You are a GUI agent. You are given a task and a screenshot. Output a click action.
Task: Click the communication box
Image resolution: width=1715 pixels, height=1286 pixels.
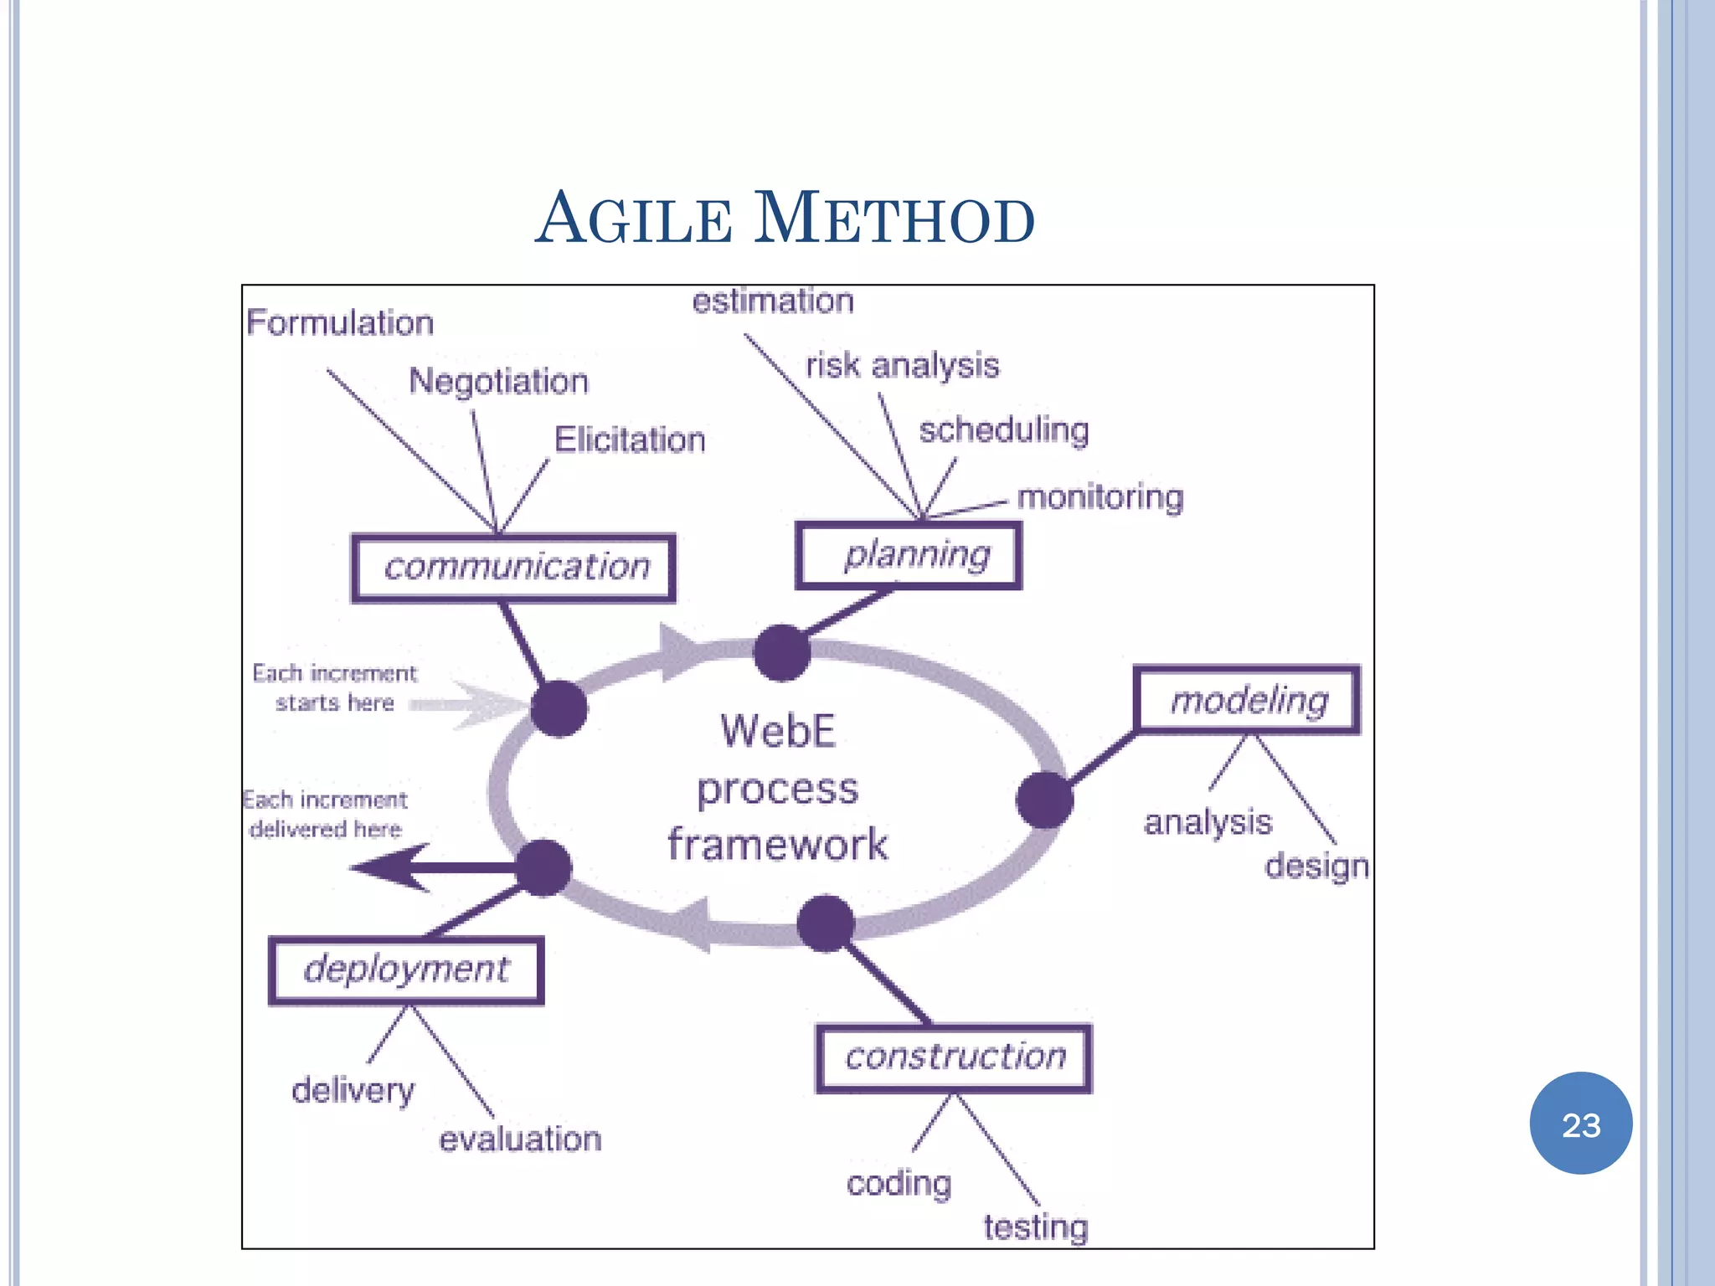pyautogui.click(x=513, y=568)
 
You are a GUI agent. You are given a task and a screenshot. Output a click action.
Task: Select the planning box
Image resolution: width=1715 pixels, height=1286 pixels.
pyautogui.click(x=909, y=555)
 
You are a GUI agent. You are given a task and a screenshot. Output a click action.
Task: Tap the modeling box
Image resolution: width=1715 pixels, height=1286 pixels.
pyautogui.click(x=1247, y=700)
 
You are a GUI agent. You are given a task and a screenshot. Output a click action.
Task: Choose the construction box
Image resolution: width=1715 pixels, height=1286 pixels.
pyautogui.click(x=954, y=1057)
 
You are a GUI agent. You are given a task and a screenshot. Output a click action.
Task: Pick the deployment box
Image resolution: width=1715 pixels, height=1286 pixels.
pyautogui.click(x=406, y=970)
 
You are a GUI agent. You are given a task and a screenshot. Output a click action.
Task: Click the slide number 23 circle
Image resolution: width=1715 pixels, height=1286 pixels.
pyautogui.click(x=1580, y=1124)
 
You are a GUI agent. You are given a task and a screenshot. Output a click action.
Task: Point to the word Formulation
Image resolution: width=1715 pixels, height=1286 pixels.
pyautogui.click(x=340, y=322)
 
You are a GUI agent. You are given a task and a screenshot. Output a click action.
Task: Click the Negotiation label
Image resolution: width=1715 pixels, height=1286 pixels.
pyautogui.click(x=498, y=381)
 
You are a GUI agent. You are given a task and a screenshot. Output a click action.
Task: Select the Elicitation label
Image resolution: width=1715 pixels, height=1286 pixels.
pyautogui.click(x=630, y=440)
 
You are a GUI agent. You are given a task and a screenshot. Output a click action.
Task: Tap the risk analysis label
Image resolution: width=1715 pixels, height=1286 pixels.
pyautogui.click(x=902, y=365)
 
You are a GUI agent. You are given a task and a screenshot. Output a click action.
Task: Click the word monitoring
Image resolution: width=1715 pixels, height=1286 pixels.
pyautogui.click(x=1100, y=497)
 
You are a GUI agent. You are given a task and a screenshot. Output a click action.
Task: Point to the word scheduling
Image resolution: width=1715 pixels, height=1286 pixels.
pyautogui.click(x=1004, y=430)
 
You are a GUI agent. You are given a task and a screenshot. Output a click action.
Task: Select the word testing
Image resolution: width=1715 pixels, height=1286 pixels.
pyautogui.click(x=1035, y=1227)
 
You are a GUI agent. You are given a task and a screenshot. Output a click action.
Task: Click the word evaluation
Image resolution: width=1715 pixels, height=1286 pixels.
pyautogui.click(x=520, y=1139)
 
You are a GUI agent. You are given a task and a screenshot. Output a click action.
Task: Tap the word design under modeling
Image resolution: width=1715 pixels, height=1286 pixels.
pyautogui.click(x=1316, y=866)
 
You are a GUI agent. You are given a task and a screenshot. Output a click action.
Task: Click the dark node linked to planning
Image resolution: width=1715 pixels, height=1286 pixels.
pyautogui.click(x=782, y=652)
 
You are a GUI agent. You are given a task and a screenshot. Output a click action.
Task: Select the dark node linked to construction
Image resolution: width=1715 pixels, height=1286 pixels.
pyautogui.click(x=826, y=923)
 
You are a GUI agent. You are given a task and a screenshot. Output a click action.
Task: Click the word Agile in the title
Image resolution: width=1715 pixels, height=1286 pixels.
pyautogui.click(x=634, y=219)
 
